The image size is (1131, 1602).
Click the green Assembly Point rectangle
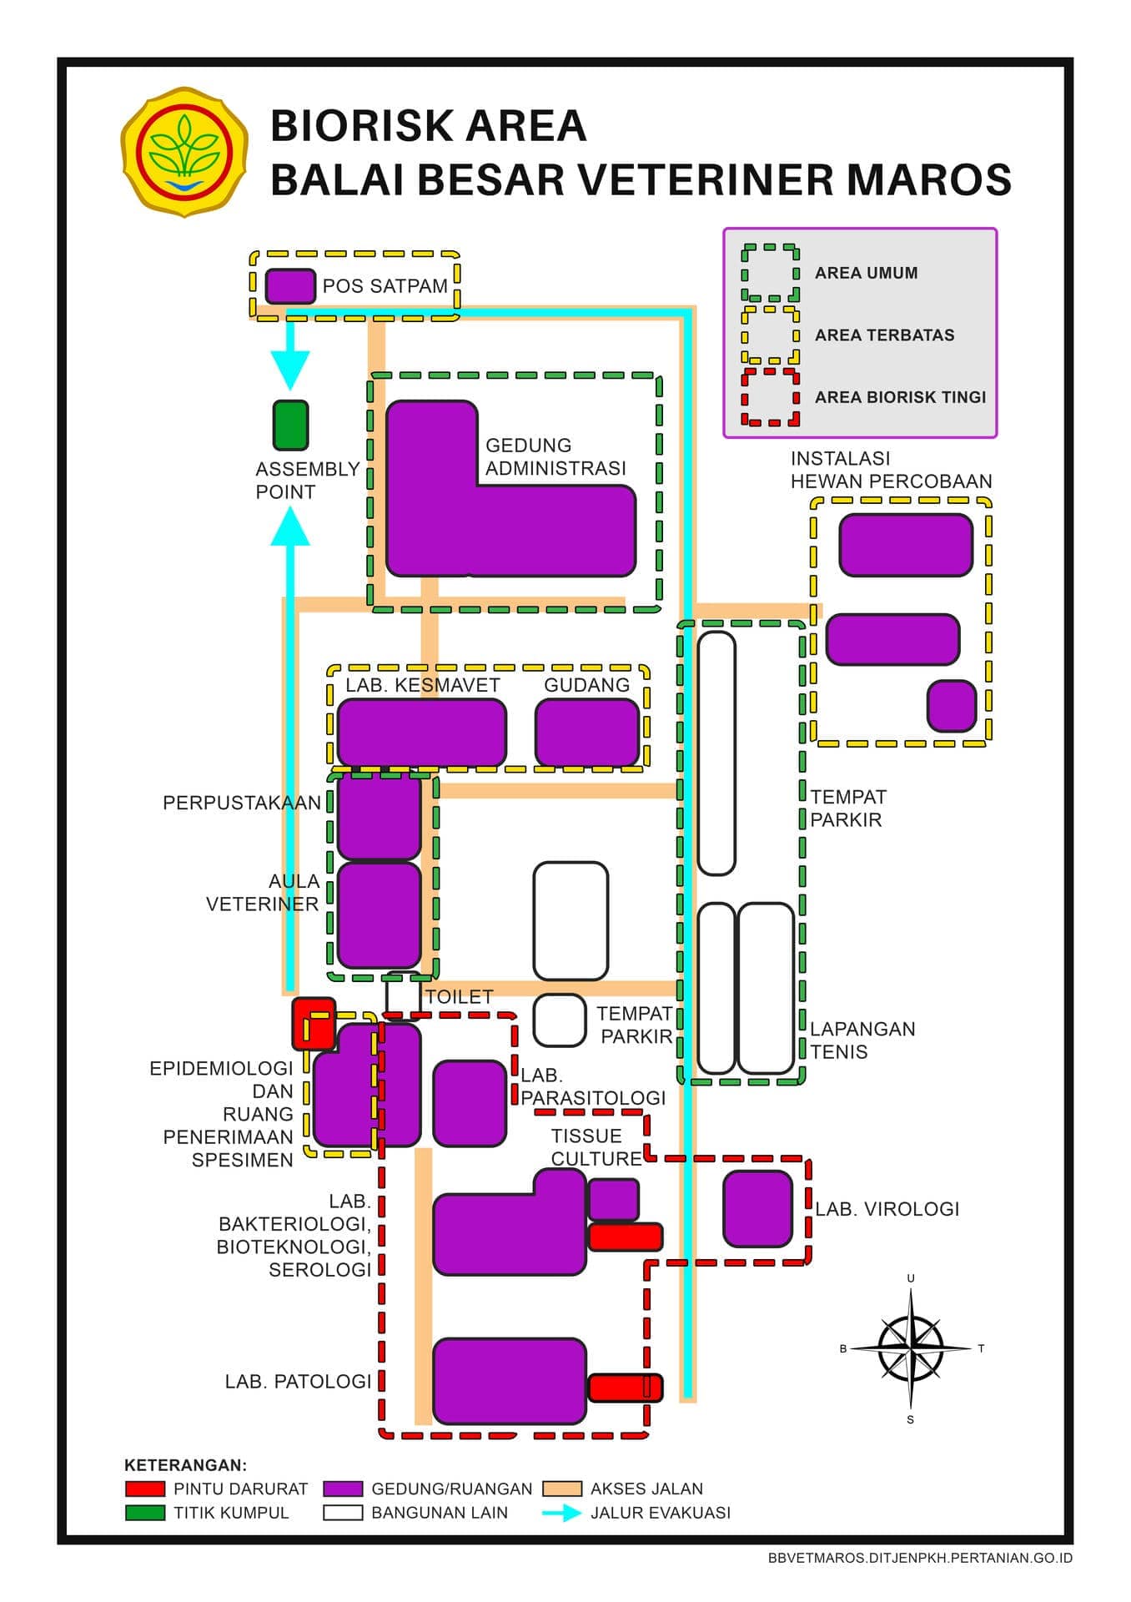290,426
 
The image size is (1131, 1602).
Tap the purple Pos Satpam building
290,286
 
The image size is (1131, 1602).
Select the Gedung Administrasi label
555,457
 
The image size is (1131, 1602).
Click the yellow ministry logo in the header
184,152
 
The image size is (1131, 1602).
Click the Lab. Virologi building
757,1209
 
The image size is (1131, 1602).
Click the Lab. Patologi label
298,1382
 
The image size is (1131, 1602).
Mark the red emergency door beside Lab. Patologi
626,1388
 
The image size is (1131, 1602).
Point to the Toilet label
459,997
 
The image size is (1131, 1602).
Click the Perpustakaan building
379,816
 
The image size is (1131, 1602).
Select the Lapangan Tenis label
862,1040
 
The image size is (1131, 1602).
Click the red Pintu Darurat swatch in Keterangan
145,1489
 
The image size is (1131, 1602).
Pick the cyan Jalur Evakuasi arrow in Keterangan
563,1513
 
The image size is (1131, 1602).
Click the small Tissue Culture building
614,1199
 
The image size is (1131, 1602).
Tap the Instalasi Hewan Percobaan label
891,470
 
